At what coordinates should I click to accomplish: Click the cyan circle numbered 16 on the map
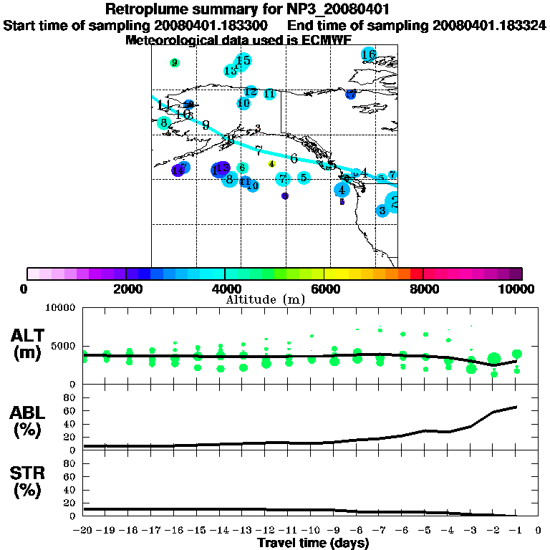point(369,54)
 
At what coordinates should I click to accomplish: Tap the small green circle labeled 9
point(174,63)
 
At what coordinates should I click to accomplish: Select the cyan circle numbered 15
point(243,60)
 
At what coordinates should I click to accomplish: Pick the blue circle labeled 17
point(351,94)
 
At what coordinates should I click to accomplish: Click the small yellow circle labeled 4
point(271,164)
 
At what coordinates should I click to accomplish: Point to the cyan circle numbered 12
point(251,92)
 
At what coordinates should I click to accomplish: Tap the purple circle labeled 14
point(177,170)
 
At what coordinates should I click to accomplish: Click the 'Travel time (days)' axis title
point(313,543)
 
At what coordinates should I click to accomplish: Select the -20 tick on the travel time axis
point(83,531)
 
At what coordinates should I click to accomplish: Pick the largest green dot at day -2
point(493,358)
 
